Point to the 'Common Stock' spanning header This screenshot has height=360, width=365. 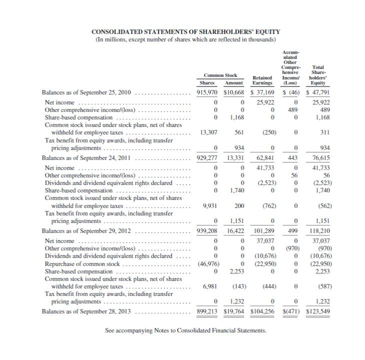[220, 75]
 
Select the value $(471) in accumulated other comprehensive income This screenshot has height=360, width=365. [288, 311]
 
